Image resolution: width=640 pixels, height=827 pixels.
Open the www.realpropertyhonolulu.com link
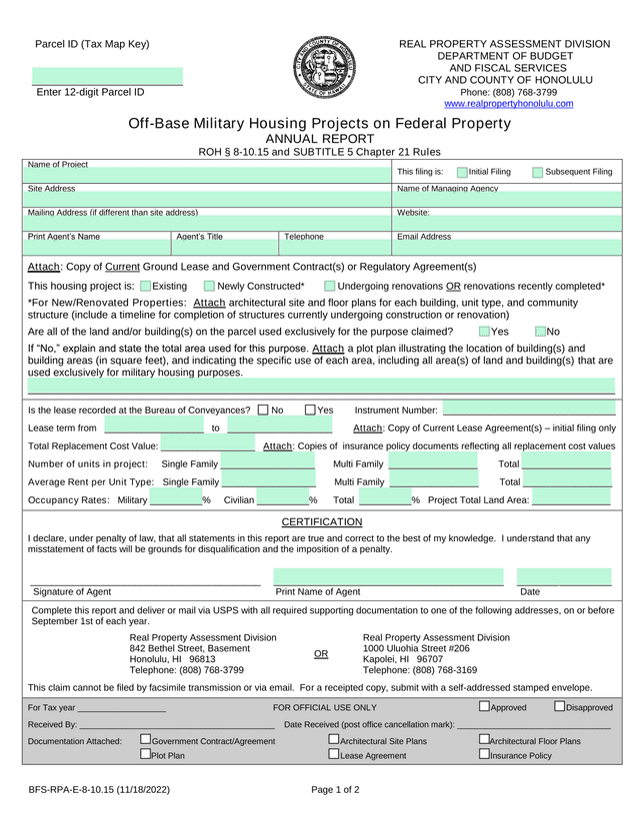[508, 104]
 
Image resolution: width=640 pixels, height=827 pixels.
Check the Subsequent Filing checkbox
[538, 173]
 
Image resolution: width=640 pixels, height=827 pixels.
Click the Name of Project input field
[207, 175]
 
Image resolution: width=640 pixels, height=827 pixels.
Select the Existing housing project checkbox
[146, 287]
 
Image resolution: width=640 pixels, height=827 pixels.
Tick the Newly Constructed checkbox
[209, 287]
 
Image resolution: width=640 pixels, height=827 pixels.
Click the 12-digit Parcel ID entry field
[107, 77]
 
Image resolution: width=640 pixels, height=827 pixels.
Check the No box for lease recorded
[263, 410]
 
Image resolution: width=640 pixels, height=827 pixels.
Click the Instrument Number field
[529, 410]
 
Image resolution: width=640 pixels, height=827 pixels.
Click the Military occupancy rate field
[176, 499]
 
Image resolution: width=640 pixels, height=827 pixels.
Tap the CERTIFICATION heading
[321, 522]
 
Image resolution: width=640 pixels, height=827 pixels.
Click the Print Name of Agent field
[389, 577]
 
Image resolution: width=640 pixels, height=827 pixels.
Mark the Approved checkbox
[484, 707]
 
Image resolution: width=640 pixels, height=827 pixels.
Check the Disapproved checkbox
[559, 707]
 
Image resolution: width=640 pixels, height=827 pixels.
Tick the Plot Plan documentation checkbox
[145, 754]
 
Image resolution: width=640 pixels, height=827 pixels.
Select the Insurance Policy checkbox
[484, 754]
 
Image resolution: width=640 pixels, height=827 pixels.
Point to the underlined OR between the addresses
[321, 654]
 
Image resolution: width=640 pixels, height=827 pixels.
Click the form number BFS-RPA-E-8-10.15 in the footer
[99, 790]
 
